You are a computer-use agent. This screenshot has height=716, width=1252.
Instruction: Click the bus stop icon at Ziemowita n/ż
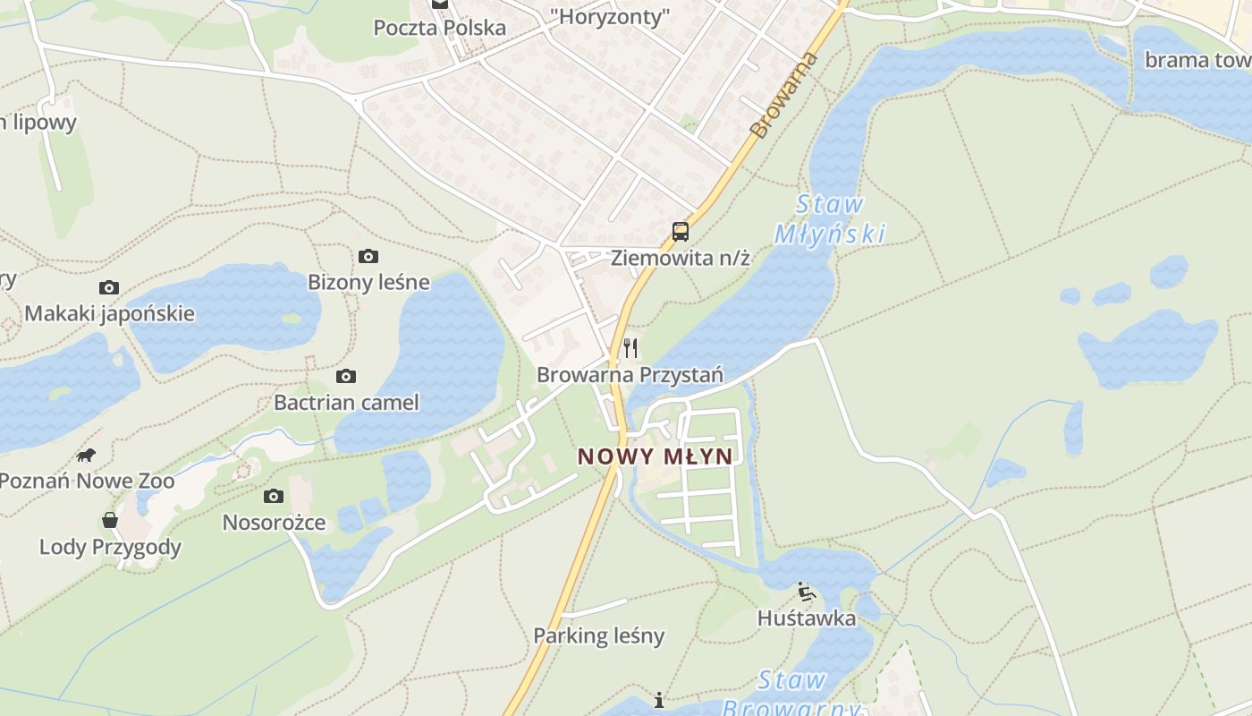(681, 232)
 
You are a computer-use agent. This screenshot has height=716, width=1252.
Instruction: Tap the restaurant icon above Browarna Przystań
(631, 348)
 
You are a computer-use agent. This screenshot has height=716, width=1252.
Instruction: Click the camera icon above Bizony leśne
(368, 257)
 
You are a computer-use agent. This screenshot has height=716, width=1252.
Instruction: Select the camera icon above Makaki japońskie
(109, 287)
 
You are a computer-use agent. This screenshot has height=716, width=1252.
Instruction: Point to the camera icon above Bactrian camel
(346, 377)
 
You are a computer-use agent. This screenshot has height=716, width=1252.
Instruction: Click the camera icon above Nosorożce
(274, 496)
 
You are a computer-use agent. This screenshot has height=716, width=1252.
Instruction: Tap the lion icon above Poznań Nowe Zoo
(86, 455)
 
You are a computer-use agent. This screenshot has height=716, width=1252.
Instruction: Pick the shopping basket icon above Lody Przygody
(110, 520)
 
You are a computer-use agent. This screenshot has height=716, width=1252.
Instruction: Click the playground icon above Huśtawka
(806, 592)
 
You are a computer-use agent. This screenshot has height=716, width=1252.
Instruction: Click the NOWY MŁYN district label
(655, 456)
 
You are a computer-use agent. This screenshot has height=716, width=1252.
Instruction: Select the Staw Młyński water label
(830, 219)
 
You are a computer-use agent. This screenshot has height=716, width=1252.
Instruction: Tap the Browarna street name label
(773, 96)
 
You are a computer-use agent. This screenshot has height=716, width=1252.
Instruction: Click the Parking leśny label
(599, 636)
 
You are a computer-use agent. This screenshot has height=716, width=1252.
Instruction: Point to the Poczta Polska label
(440, 28)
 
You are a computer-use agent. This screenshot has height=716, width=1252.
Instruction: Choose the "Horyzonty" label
(610, 16)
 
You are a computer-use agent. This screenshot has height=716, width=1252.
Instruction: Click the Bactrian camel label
(346, 403)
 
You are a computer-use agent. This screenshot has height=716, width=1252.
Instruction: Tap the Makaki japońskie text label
(109, 314)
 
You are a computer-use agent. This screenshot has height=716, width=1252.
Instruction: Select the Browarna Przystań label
(630, 375)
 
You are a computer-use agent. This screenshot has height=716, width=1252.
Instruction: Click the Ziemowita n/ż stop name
(680, 259)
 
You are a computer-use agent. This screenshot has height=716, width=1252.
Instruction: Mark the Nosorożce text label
(274, 523)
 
